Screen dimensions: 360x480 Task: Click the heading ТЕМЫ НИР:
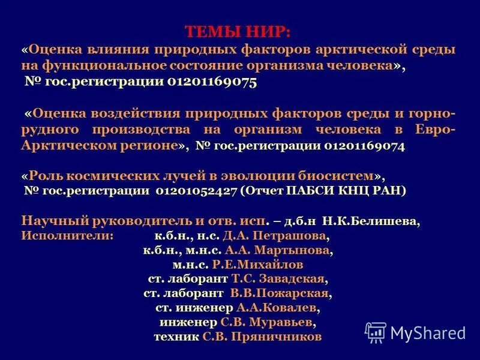237,31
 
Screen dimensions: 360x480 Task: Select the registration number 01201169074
365,145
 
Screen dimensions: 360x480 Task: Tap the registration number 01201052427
196,191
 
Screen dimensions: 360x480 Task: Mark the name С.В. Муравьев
266,322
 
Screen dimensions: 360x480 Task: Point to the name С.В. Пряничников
262,337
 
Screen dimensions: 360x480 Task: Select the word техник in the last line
176,337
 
